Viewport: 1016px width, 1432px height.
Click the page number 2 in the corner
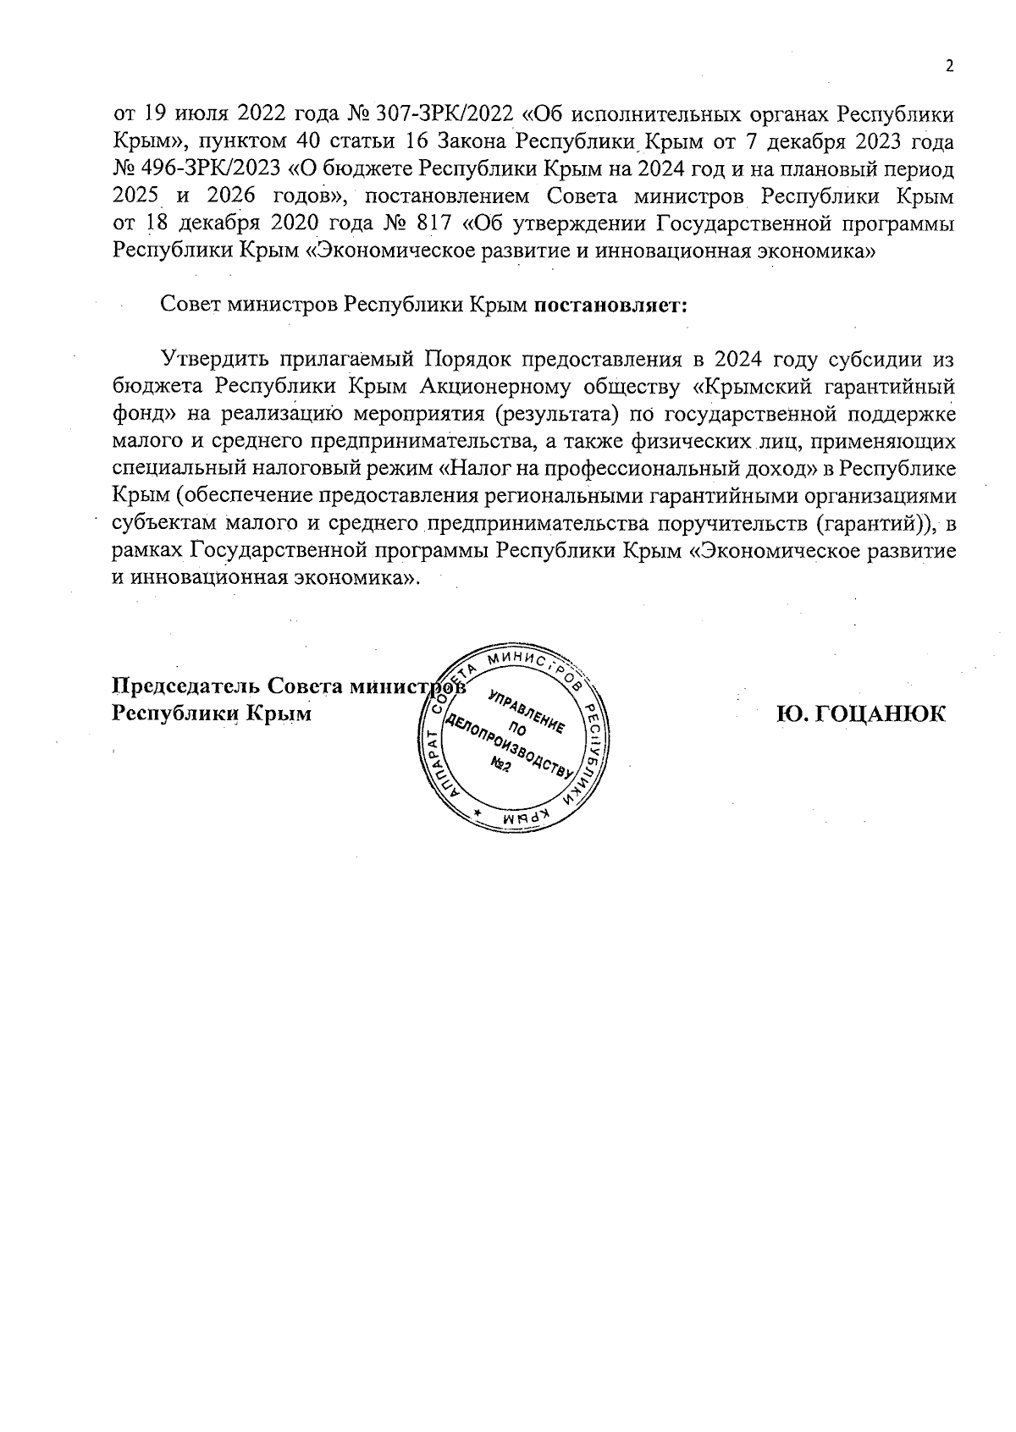pos(950,67)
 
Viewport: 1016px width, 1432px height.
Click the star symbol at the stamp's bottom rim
pos(478,814)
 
